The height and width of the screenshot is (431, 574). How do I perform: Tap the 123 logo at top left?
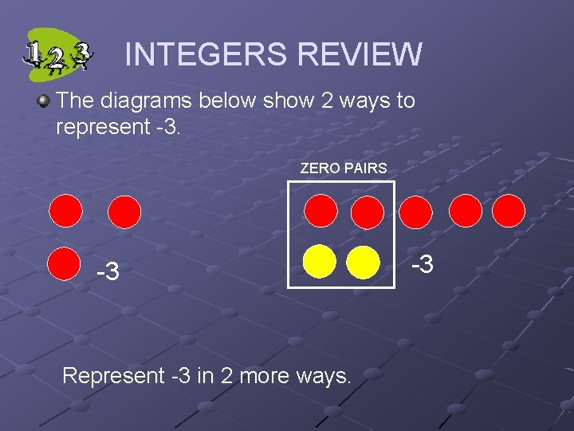tap(57, 54)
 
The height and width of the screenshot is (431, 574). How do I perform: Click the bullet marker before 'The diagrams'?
tap(44, 101)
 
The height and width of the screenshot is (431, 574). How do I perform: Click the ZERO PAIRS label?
tap(344, 168)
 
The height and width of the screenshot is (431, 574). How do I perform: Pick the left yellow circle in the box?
tap(320, 261)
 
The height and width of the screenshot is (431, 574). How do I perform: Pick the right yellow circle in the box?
tap(364, 261)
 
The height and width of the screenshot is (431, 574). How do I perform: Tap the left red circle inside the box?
tap(320, 212)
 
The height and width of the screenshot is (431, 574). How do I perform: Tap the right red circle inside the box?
tap(368, 212)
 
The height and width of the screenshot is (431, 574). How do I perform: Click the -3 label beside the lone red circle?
tap(108, 272)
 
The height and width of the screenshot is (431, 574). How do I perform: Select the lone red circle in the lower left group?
tap(64, 264)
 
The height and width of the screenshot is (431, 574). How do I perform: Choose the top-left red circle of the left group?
tap(65, 212)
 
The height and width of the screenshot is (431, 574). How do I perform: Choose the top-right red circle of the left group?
tap(124, 212)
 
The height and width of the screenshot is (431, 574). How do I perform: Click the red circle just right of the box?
tap(415, 212)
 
